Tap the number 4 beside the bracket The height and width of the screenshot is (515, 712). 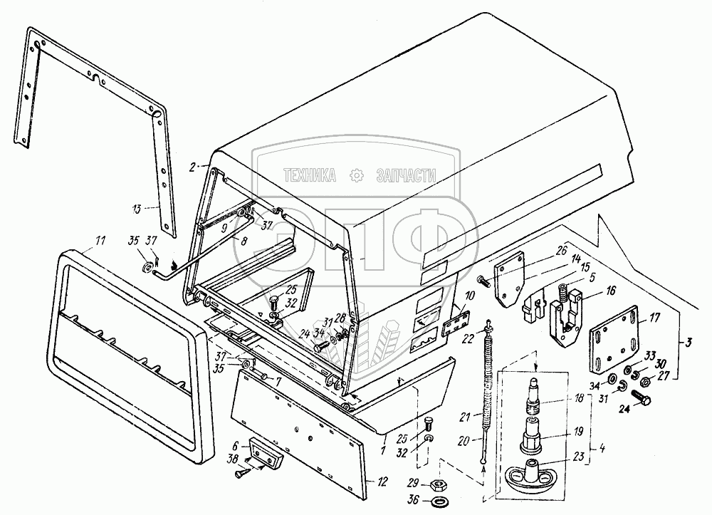coord(602,449)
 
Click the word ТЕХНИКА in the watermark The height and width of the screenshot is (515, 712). coord(310,175)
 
